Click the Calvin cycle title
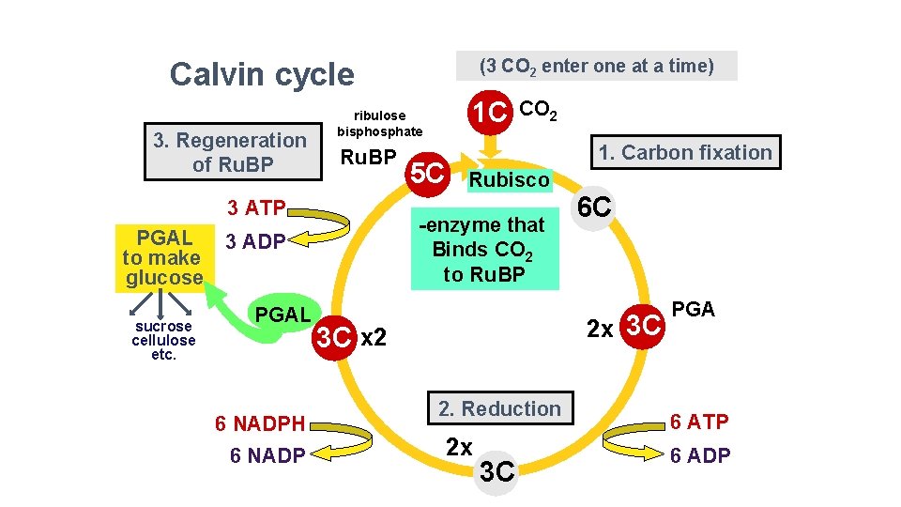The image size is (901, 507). [262, 74]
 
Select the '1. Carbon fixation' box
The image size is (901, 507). [684, 152]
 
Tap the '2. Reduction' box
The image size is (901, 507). [498, 408]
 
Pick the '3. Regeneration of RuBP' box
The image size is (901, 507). [230, 152]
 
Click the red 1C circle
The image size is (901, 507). [490, 113]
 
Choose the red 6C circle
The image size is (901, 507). [595, 209]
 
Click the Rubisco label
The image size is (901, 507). [510, 179]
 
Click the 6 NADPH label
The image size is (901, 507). [260, 424]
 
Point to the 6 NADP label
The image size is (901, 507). [267, 456]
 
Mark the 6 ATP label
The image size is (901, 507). [698, 422]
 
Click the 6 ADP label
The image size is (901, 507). [698, 456]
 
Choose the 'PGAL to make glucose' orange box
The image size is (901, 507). [162, 257]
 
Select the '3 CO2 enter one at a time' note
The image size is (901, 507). [596, 66]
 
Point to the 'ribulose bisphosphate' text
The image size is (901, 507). [380, 123]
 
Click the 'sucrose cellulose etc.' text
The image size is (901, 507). [163, 341]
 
